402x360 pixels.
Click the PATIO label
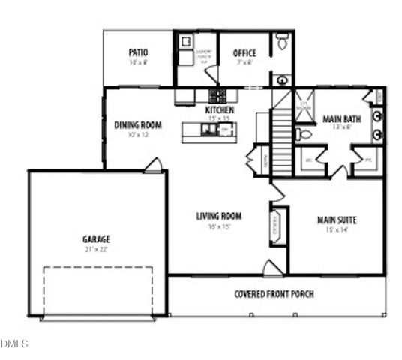click(138, 52)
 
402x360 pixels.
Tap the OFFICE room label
click(244, 53)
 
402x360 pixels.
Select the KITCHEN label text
click(220, 110)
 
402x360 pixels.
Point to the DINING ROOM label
click(138, 125)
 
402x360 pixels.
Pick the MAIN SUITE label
click(336, 220)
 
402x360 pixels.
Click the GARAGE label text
click(96, 239)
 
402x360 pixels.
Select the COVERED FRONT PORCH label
click(274, 293)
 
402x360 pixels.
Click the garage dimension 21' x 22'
click(96, 249)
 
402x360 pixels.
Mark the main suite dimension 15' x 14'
click(336, 229)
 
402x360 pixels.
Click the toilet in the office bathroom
click(282, 43)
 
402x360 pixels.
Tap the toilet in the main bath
click(304, 135)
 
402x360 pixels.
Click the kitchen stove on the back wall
click(217, 95)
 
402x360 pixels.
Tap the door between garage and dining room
click(153, 165)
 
